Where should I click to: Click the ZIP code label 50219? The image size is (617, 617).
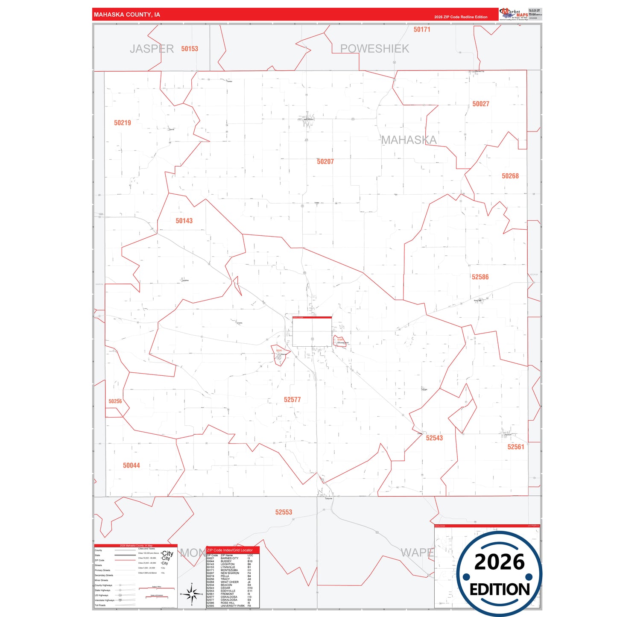point(123,123)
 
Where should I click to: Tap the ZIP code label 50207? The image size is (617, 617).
point(325,162)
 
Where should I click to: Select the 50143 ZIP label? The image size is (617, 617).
point(184,221)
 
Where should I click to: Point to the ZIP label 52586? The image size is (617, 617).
point(480,277)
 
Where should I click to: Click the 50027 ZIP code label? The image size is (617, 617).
point(481,104)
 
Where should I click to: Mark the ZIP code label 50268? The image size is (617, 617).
point(510,176)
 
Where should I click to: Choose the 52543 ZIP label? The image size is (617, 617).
point(434,438)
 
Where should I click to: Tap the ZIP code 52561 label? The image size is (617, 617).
point(515,447)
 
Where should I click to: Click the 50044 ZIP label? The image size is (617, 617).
point(132,465)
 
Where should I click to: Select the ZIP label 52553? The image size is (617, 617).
point(284,512)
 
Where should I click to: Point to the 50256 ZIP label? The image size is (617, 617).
point(115,401)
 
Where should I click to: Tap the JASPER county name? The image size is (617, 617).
point(152,49)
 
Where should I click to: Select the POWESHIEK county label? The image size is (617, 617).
point(374,49)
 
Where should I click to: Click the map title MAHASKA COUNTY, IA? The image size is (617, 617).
point(127,15)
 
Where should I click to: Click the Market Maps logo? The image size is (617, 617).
point(514,14)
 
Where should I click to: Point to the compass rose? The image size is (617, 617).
point(192,594)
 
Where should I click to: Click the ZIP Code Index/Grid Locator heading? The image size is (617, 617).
point(230,550)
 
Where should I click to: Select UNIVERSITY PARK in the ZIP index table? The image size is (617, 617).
point(233,606)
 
